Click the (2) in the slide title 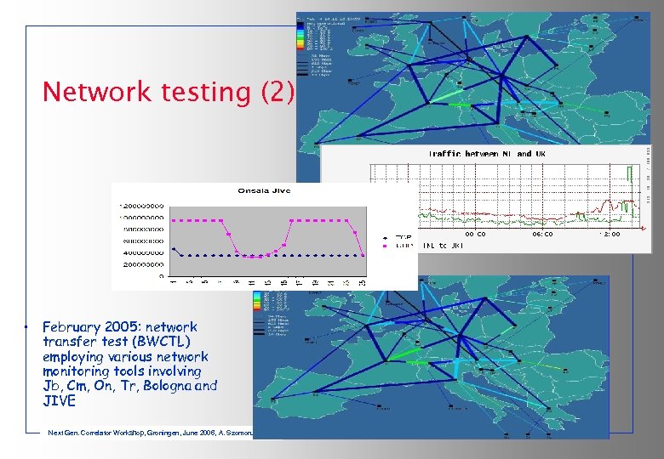tap(278, 92)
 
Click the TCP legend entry tap(402, 237)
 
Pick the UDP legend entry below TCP tap(402, 246)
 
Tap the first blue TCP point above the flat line tap(174, 249)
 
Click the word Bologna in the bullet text tap(166, 386)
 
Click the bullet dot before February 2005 tap(27, 327)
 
